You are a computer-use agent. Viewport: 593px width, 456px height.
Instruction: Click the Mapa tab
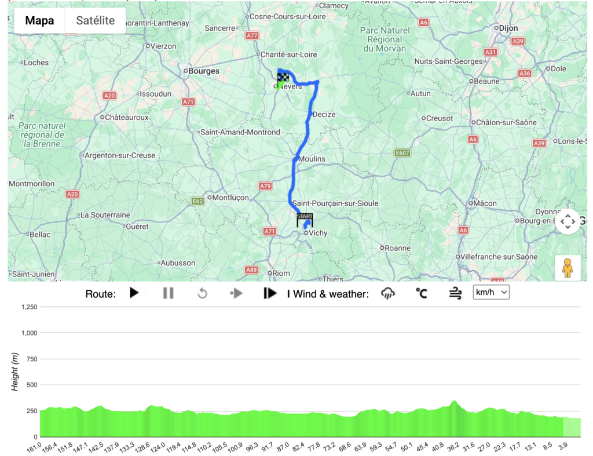click(x=39, y=21)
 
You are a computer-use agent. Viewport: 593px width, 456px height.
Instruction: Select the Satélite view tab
click(x=96, y=21)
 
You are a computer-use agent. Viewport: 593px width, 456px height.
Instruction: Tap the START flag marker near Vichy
click(x=305, y=220)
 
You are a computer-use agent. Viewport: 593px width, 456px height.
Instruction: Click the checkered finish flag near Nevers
click(x=283, y=77)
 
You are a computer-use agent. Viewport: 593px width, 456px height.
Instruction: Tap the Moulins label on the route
click(x=312, y=159)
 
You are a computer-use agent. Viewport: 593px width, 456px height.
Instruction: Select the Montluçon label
click(x=230, y=197)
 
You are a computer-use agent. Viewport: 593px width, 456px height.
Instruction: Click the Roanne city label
click(x=398, y=247)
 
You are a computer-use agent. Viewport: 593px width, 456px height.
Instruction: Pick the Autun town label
click(x=420, y=93)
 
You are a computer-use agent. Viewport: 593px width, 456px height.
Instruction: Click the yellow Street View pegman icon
click(x=568, y=268)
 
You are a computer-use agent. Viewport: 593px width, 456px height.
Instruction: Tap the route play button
click(x=134, y=293)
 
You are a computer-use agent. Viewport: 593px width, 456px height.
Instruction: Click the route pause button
click(x=169, y=293)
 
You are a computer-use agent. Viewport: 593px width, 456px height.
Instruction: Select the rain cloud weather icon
click(x=387, y=293)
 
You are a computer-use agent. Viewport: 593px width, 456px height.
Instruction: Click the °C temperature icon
click(x=421, y=293)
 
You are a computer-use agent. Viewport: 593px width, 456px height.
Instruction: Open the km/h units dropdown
click(x=491, y=293)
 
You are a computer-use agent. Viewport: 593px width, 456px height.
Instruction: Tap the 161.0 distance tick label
click(x=35, y=447)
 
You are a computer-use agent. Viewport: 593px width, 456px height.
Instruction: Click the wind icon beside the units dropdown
click(x=455, y=293)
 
